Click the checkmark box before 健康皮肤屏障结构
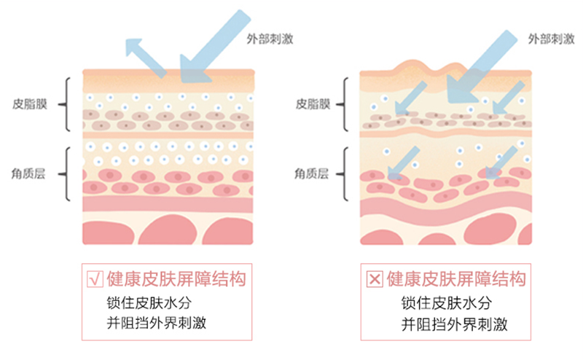[x=94, y=279]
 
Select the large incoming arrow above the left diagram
[x=211, y=40]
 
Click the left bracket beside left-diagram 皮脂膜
[x=66, y=104]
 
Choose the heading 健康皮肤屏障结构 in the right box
[x=456, y=279]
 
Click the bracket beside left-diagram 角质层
[x=66, y=174]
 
